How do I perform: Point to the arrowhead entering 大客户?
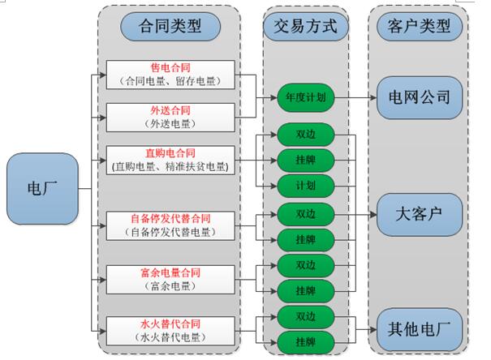click(374, 216)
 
